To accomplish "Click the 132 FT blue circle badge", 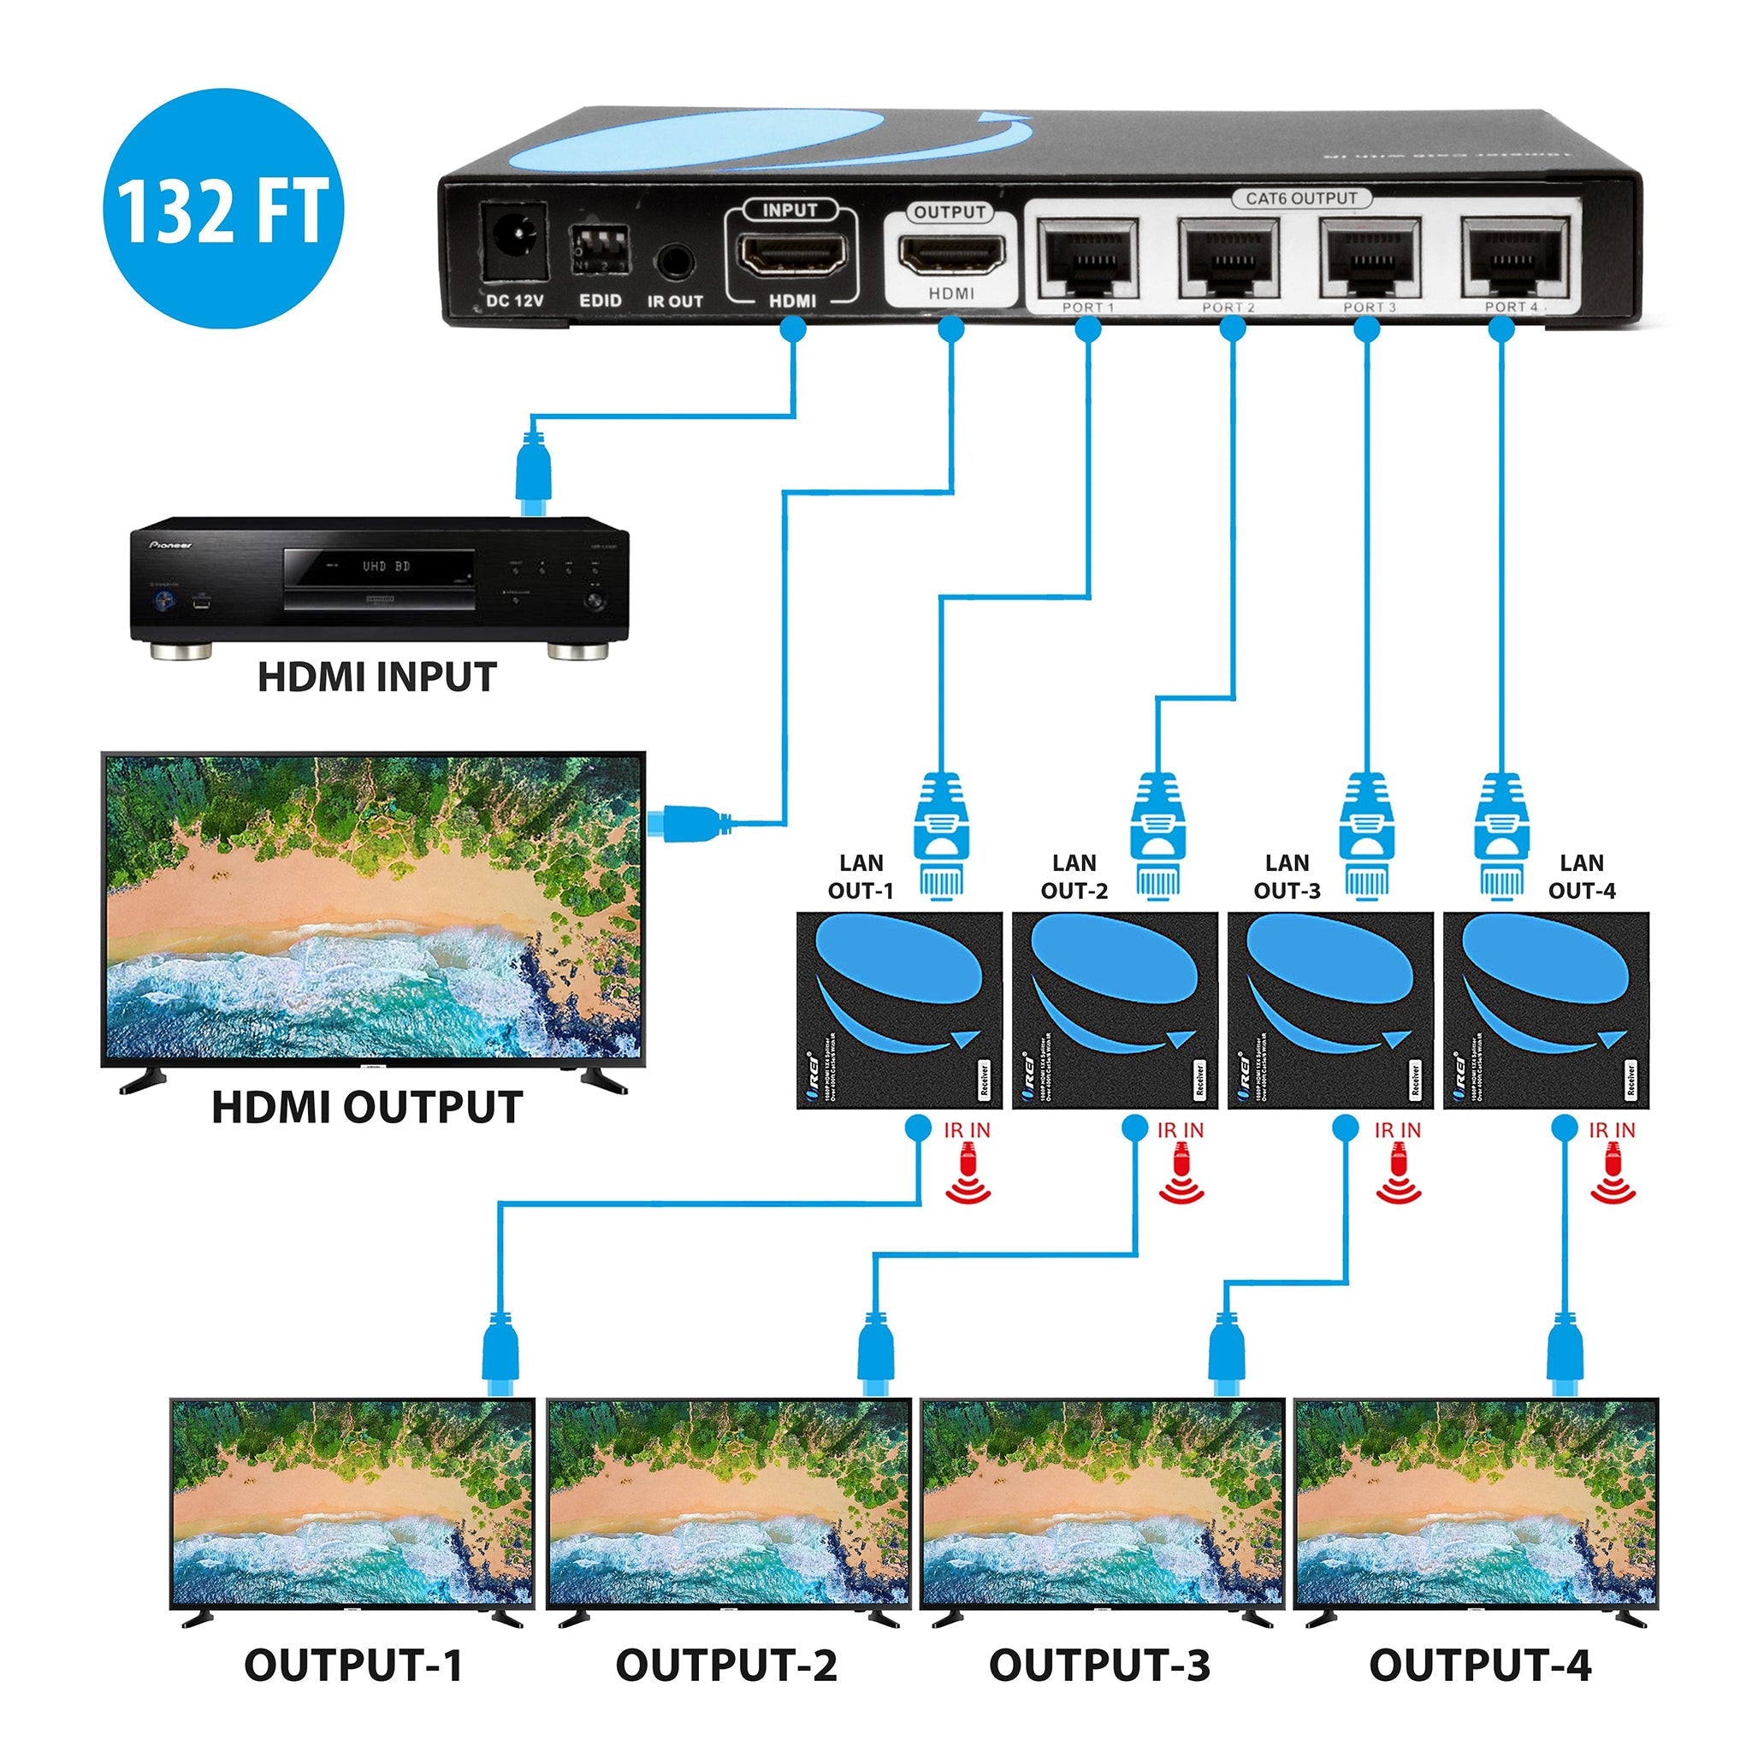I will click(223, 208).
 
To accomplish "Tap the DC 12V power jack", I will click(514, 243).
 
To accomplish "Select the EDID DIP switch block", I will click(601, 246).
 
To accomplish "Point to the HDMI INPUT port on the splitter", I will click(791, 254).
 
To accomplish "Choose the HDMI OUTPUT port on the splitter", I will click(950, 254).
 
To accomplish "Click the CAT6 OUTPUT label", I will click(1301, 198).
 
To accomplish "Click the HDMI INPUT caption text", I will click(377, 678).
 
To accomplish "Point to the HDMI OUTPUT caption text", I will click(367, 1107).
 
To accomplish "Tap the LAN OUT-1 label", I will click(861, 877).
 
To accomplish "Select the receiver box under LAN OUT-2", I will click(1115, 1010).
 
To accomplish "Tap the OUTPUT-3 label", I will click(1099, 1665).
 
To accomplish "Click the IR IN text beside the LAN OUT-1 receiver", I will click(967, 1130).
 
